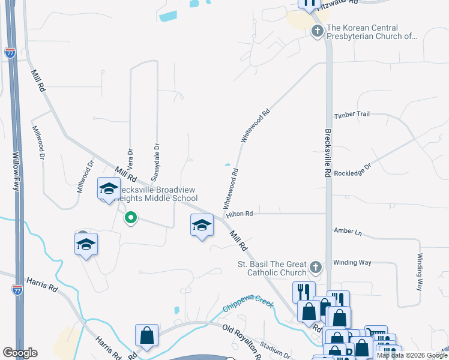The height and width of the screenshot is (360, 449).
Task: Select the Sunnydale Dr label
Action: click(x=155, y=161)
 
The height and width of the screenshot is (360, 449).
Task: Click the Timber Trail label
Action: click(x=352, y=114)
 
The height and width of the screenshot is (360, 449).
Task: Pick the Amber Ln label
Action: click(x=345, y=231)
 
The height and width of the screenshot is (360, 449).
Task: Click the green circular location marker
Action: click(x=130, y=218)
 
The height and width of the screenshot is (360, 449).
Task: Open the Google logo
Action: click(x=20, y=353)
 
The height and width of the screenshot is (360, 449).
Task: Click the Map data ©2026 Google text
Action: click(x=411, y=355)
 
